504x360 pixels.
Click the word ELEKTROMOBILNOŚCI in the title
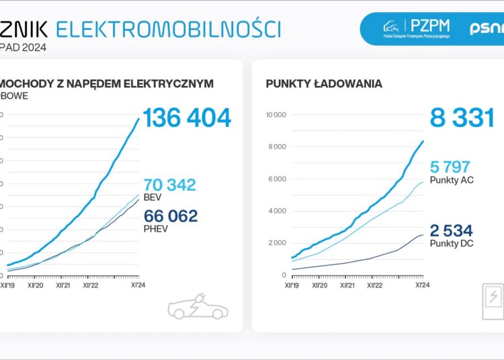click(168, 28)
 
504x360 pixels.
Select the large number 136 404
click(187, 118)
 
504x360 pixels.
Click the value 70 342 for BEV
click(169, 185)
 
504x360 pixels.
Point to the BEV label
click(153, 197)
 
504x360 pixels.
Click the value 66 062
click(171, 216)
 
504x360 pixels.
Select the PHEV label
click(155, 228)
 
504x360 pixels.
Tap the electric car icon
click(198, 308)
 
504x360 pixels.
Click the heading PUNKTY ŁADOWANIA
click(324, 84)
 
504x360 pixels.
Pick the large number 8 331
click(462, 118)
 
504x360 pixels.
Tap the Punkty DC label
click(452, 244)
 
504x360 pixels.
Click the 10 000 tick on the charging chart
click(276, 115)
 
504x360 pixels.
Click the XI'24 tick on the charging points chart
click(423, 285)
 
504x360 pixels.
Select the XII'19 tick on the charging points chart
click(292, 285)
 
